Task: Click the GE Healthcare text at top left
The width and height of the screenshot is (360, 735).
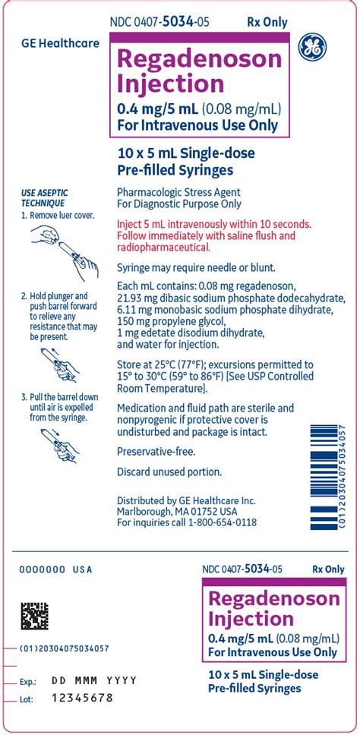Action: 60,43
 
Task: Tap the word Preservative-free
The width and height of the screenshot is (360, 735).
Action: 156,451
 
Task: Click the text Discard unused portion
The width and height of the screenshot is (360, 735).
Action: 169,472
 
